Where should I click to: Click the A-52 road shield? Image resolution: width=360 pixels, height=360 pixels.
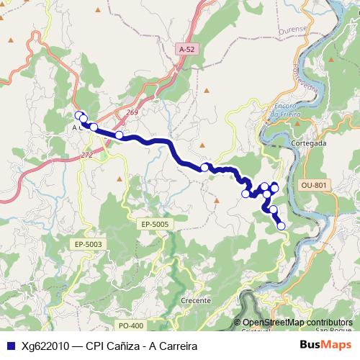point(186,49)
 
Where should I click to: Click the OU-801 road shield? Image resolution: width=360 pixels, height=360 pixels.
point(314,185)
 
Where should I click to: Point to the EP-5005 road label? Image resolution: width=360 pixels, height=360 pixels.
point(155,225)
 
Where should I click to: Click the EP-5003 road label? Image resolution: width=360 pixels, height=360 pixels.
point(88,245)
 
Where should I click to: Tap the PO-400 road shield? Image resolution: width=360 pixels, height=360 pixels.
point(131,325)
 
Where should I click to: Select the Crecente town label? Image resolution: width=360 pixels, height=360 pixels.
point(197,300)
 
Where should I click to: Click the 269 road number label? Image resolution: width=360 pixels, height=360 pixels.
point(131,112)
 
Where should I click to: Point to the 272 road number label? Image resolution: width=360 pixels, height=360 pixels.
point(86,155)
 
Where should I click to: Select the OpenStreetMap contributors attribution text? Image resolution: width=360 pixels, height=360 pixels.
point(297,322)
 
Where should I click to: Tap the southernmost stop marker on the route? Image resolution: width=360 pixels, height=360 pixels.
point(281,226)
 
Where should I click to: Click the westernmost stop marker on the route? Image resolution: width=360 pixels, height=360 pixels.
point(78,114)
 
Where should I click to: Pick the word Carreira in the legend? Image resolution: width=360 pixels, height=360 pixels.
point(175,346)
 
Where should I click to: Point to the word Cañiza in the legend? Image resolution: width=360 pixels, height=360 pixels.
point(122,346)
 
